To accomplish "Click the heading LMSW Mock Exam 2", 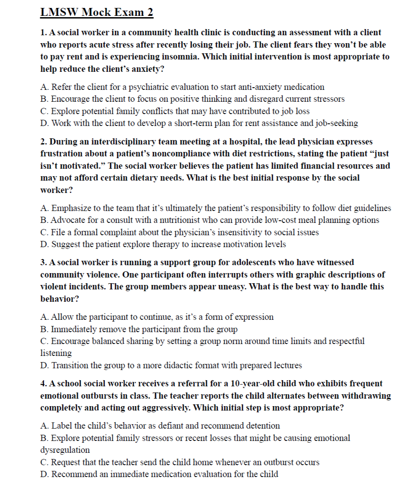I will tap(97, 12).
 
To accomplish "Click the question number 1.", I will tap(43, 33).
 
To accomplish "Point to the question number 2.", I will tap(43, 142).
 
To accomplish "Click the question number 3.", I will tap(43, 263).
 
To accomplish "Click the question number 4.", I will tap(43, 384).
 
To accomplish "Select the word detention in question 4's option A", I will tap(261, 426).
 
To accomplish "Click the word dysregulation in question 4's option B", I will tap(65, 450).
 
